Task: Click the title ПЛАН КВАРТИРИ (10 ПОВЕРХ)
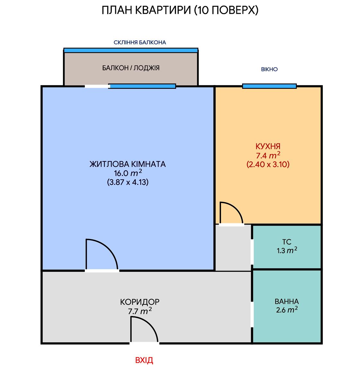point(180,10)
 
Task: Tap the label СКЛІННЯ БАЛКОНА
point(140,42)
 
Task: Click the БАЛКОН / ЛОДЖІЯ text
point(131,68)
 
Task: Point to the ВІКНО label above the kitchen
point(269,69)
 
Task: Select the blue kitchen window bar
point(269,86)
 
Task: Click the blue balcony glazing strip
point(131,50)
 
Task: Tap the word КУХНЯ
point(268,146)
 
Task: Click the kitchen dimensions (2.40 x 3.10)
point(268,164)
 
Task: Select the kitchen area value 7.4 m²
point(268,155)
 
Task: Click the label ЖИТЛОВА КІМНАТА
point(127,164)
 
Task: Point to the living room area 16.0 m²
point(128,173)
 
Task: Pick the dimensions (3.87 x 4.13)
point(128,182)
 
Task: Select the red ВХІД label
point(144,360)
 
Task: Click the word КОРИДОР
point(140,302)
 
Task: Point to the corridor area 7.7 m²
point(140,311)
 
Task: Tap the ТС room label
point(287,242)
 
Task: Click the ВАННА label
point(287,302)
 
